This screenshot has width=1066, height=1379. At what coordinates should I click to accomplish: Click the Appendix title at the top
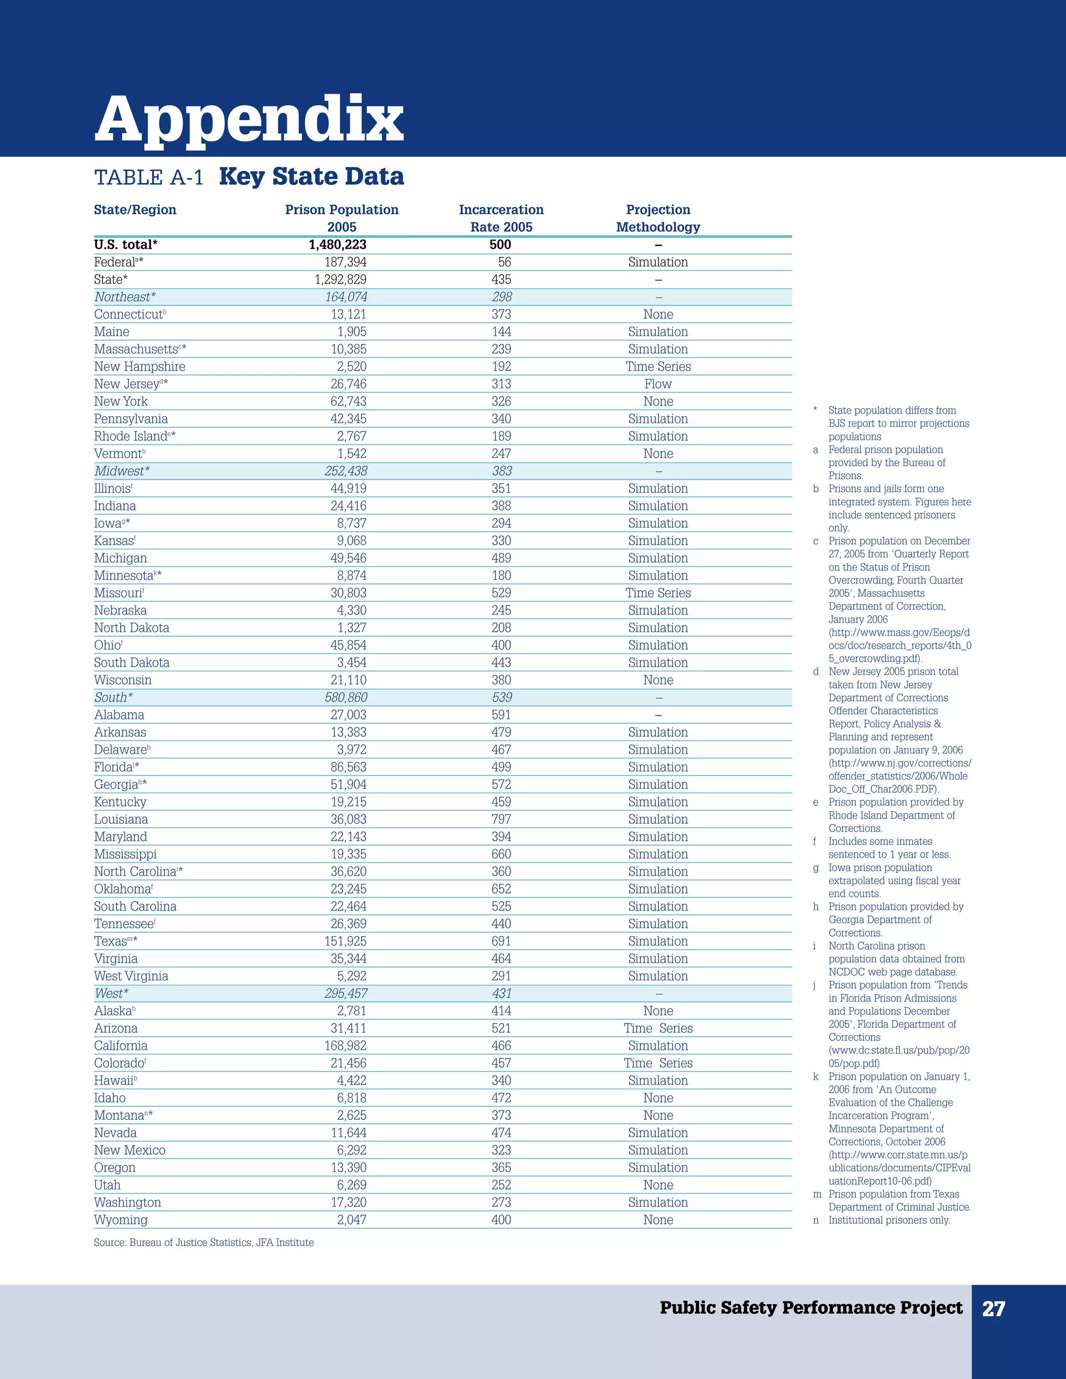tap(249, 120)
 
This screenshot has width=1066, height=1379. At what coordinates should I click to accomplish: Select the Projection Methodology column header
tap(658, 218)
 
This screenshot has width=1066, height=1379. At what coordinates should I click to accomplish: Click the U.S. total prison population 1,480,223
tap(337, 245)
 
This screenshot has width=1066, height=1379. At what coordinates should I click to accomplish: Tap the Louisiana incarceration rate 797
tap(501, 820)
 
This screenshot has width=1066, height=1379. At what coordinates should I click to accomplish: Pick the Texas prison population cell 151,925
tap(346, 941)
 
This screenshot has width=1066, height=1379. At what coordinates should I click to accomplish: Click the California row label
tap(121, 1045)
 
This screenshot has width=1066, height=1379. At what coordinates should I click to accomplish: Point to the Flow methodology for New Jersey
tap(658, 384)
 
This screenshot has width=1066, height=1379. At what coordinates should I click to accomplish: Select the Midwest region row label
tap(122, 471)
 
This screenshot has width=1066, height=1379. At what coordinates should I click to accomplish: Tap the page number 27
tap(993, 1308)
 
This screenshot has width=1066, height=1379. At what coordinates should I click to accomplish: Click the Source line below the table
tap(204, 1243)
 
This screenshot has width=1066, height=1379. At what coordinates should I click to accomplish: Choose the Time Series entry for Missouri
tap(658, 593)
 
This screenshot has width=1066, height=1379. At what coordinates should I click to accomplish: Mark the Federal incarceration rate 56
tap(504, 262)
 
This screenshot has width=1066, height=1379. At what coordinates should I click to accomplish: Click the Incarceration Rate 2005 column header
tap(501, 218)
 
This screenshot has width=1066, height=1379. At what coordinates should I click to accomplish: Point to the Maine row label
tap(112, 331)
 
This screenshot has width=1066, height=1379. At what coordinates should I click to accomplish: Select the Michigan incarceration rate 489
tap(501, 558)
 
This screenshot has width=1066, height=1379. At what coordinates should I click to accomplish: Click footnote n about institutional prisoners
tap(889, 1220)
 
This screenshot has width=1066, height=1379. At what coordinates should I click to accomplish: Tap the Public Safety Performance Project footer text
tap(811, 1308)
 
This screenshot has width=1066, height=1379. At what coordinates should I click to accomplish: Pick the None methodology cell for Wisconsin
tap(658, 680)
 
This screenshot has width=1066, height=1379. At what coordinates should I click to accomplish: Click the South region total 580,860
tap(346, 698)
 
